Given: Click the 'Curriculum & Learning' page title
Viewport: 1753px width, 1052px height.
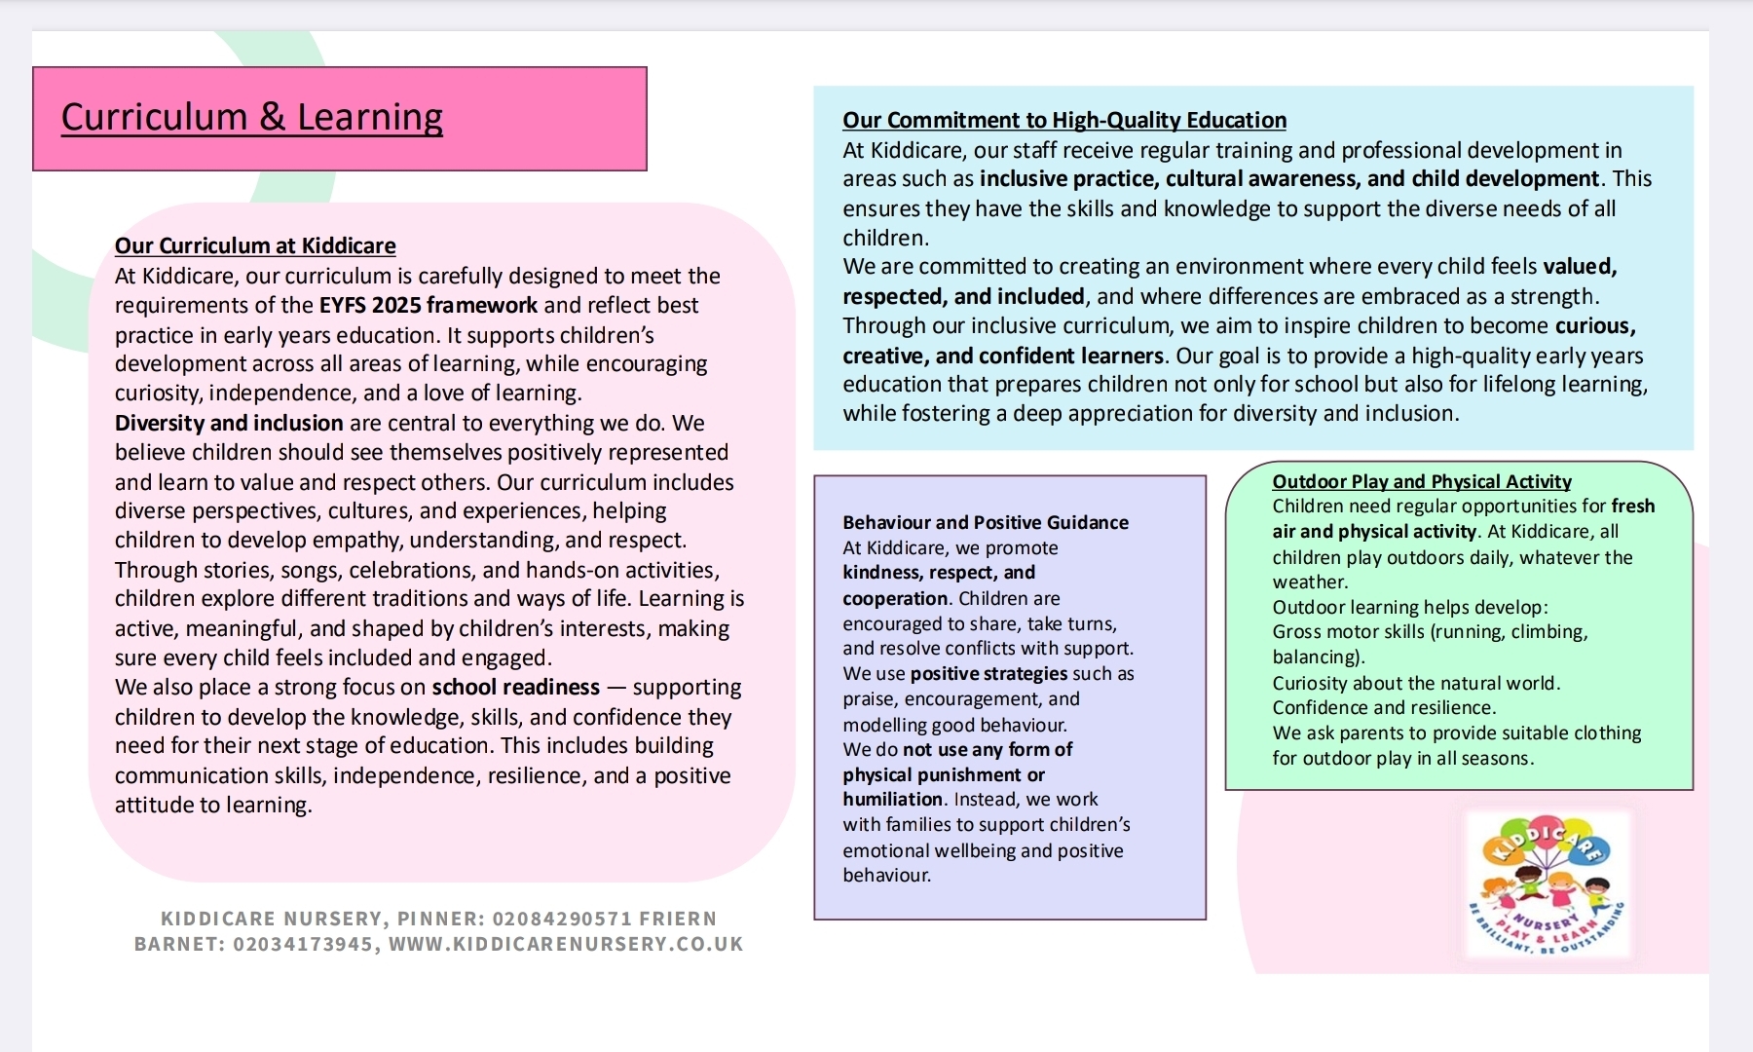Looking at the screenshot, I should [x=251, y=118].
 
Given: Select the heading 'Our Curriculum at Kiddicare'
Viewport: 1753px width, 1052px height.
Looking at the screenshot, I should [x=255, y=245].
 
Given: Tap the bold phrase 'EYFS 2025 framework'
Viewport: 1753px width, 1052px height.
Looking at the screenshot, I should [x=429, y=305].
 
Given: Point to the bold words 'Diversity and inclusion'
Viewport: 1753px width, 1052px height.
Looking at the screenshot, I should [x=229, y=423].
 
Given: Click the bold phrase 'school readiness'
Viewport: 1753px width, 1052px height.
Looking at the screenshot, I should [x=515, y=687].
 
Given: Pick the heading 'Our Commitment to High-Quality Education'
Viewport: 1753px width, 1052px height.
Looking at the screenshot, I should [x=1063, y=120].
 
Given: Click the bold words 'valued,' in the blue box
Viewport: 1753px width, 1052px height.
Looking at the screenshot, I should [x=1579, y=267].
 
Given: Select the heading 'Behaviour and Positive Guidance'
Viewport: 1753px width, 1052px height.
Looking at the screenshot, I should [x=985, y=522].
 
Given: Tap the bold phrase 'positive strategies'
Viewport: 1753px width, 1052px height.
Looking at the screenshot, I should [x=988, y=673].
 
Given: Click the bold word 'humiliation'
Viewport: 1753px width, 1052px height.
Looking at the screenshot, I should [x=892, y=799].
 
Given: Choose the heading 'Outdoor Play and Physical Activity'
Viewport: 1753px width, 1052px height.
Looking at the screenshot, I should [x=1421, y=481].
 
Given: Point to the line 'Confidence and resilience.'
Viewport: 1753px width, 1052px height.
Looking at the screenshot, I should [x=1384, y=707].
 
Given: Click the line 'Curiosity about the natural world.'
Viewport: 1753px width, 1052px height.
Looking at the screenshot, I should [x=1416, y=683].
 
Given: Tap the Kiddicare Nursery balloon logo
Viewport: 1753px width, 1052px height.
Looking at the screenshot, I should [x=1547, y=884].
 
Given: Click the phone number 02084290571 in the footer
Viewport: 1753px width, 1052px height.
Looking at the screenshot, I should [x=562, y=919].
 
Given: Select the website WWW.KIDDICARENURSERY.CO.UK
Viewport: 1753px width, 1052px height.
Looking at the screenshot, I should [x=566, y=944].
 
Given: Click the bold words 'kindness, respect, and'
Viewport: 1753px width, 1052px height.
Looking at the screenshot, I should [x=938, y=572].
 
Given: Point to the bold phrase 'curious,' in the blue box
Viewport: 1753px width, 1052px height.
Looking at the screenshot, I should [x=1594, y=325].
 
